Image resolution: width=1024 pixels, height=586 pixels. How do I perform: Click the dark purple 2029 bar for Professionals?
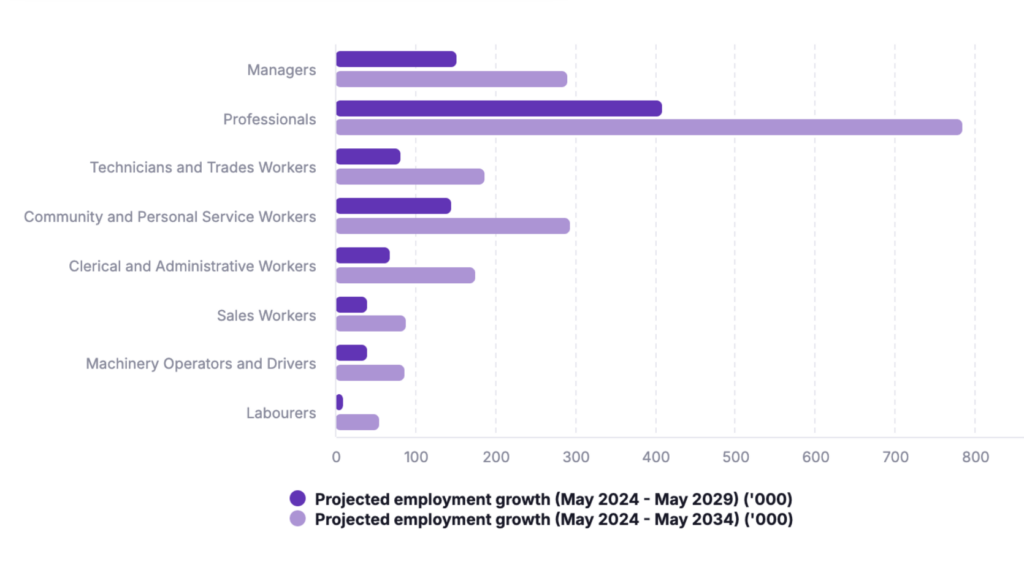(498, 108)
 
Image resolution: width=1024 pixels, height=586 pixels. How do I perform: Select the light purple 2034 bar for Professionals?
(648, 127)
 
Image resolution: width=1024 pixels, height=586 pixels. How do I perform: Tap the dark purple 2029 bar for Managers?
(396, 59)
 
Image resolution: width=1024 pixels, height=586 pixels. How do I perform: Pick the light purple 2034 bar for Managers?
(451, 79)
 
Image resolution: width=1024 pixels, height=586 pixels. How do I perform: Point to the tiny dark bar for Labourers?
(340, 402)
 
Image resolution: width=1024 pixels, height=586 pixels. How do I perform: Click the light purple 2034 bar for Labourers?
(357, 422)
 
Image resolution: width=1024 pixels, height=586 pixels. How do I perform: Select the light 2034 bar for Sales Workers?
(370, 323)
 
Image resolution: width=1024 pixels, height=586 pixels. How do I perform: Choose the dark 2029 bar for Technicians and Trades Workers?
(368, 157)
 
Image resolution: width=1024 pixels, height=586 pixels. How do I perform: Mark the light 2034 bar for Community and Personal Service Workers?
(452, 226)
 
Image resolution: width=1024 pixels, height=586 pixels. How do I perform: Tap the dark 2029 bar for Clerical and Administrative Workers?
(362, 255)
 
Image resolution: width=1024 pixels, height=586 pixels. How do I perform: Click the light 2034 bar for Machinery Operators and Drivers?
(370, 373)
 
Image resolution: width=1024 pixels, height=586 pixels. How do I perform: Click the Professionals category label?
(269, 119)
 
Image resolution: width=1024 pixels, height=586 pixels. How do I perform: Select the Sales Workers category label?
(266, 315)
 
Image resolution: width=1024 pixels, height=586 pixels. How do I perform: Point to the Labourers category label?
(281, 413)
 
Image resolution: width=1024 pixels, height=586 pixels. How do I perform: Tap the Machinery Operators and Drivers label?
(201, 364)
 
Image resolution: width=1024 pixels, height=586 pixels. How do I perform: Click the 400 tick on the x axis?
(655, 457)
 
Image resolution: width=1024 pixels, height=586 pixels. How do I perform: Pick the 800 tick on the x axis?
(975, 457)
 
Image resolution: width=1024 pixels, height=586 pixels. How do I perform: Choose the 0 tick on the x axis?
(336, 457)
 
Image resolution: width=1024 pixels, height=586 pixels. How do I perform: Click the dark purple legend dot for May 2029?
(297, 498)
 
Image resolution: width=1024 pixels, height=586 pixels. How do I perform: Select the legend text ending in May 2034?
(553, 519)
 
